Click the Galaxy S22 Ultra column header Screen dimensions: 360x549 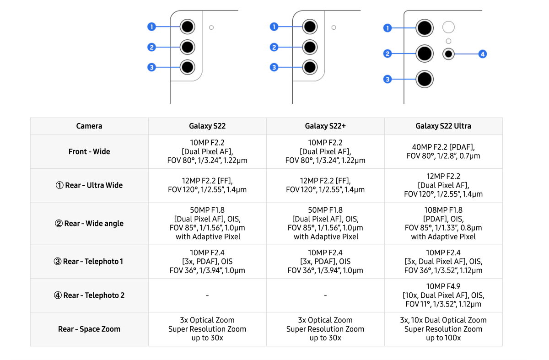(443, 126)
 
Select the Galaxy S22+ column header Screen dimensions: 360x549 (325, 126)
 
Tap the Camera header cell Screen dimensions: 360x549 (89, 126)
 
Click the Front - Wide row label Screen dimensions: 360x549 (89, 151)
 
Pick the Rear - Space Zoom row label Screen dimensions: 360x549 (89, 329)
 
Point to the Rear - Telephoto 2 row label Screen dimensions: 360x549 (89, 296)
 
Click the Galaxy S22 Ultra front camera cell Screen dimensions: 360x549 (443, 151)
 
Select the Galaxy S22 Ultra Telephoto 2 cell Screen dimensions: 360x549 (443, 296)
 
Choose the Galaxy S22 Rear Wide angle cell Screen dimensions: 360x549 (207, 223)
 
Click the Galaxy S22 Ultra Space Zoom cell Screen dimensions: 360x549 (443, 329)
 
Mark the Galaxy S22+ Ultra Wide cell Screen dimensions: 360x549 (325, 185)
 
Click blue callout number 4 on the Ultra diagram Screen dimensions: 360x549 (482, 54)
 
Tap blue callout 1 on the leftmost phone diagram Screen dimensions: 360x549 (151, 27)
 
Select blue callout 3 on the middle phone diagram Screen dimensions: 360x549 (274, 67)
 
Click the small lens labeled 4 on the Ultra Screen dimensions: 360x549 (448, 54)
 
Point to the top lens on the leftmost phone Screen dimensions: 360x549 (188, 27)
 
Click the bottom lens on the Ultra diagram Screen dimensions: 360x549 (425, 80)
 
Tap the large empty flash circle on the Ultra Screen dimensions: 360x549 (448, 27)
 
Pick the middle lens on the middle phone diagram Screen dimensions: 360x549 (310, 47)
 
